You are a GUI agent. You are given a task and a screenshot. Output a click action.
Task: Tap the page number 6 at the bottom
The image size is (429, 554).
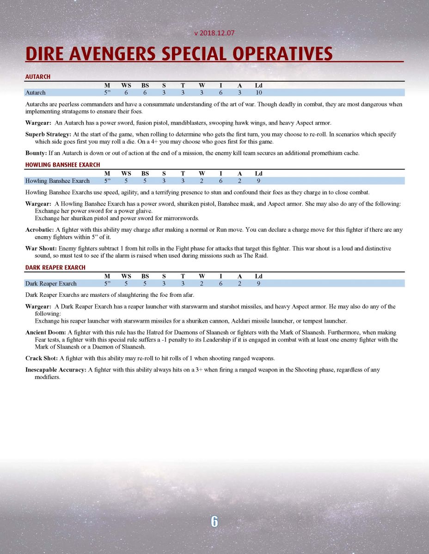tap(214, 521)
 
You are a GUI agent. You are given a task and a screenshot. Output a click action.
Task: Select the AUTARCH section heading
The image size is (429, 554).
tap(38, 77)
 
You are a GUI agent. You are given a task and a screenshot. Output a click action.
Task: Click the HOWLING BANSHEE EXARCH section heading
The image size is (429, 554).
tap(62, 165)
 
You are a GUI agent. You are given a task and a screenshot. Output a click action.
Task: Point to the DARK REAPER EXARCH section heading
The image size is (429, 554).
tap(55, 268)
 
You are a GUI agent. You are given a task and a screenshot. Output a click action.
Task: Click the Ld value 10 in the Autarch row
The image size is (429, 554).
tap(259, 93)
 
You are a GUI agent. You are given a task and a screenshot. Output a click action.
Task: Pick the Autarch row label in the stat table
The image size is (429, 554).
tap(36, 93)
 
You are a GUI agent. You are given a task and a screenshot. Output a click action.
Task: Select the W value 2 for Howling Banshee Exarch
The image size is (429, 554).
tap(202, 181)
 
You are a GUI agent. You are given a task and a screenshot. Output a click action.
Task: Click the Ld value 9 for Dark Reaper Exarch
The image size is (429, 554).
tap(259, 284)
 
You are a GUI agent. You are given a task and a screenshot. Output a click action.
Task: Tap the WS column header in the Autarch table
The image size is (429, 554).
tap(126, 85)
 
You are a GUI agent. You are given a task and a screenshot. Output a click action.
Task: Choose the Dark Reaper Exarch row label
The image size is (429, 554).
tap(51, 284)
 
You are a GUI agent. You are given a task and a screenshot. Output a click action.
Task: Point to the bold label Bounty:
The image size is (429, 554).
tap(36, 153)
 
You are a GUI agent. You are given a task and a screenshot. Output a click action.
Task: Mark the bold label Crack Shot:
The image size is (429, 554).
tap(42, 358)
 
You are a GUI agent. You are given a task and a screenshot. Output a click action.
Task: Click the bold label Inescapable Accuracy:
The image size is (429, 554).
tap(55, 370)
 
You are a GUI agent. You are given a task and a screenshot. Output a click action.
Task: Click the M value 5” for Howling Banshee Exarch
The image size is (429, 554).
tap(107, 181)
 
